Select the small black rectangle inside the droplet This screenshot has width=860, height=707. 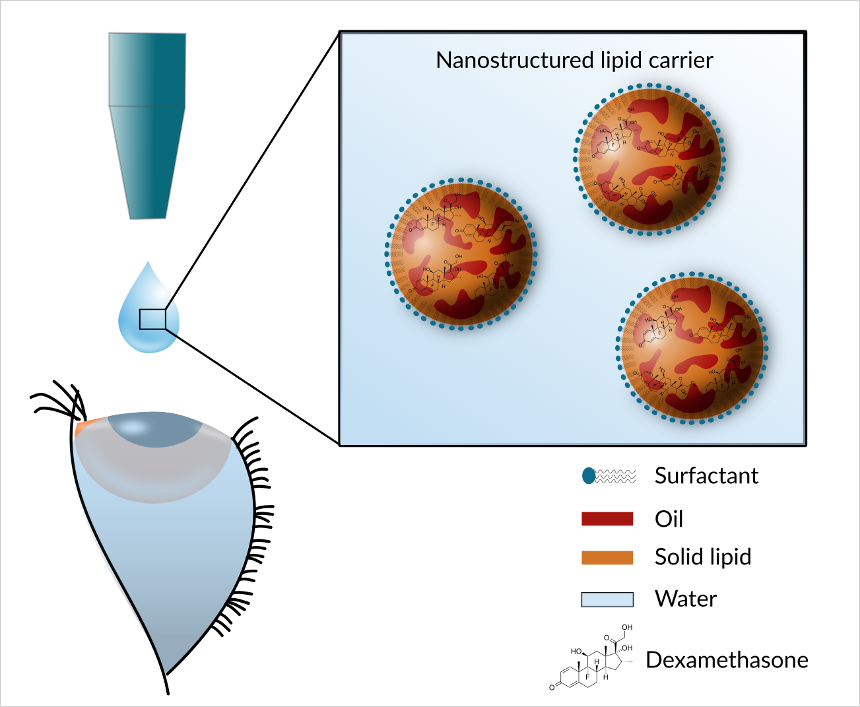pyautogui.click(x=152, y=319)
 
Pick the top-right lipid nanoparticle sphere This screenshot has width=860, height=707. pyautogui.click(x=649, y=159)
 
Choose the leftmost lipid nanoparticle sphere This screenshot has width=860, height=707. pyautogui.click(x=461, y=254)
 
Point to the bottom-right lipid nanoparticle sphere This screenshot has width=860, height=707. pyautogui.click(x=692, y=347)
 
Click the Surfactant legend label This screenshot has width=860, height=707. pyautogui.click(x=706, y=476)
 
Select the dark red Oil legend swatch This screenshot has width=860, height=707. pyautogui.click(x=607, y=519)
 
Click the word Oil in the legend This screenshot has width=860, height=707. pyautogui.click(x=669, y=520)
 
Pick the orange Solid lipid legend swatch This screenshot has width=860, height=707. pyautogui.click(x=607, y=558)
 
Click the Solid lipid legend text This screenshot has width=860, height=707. pyautogui.click(x=703, y=557)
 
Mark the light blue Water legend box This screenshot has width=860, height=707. pyautogui.click(x=607, y=599)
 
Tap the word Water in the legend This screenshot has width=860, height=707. pyautogui.click(x=686, y=599)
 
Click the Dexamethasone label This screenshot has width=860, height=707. pyautogui.click(x=727, y=660)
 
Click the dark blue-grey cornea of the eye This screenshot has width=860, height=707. pyautogui.click(x=156, y=430)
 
